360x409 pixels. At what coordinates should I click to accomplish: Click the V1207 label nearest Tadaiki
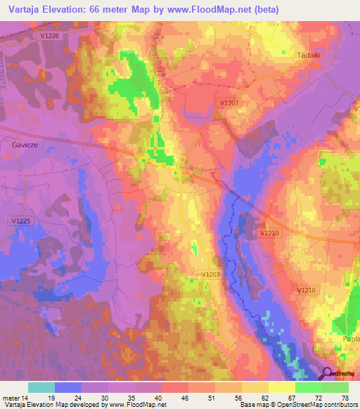[x=230, y=103]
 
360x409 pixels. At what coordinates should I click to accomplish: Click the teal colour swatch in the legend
[x=41, y=387]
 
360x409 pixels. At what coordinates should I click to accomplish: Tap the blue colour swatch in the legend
[x=68, y=387]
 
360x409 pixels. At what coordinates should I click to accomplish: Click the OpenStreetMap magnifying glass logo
[x=326, y=373]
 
